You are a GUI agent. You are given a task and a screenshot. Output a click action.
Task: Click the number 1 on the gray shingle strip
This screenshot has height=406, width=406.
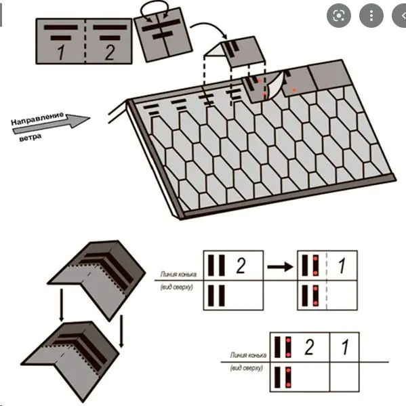pyautogui.click(x=61, y=52)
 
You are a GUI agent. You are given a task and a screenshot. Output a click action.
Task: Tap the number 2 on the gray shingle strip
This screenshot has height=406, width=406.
pyautogui.click(x=110, y=52)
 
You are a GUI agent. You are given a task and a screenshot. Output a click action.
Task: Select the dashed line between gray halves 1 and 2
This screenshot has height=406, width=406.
pyautogui.click(x=85, y=41)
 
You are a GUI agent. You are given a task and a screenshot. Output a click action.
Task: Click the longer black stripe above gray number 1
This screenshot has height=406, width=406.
pyautogui.click(x=61, y=27)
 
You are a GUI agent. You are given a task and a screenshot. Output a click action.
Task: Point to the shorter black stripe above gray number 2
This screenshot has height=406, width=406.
pyautogui.click(x=110, y=38)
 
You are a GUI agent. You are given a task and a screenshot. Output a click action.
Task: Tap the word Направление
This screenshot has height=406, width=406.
pyautogui.click(x=37, y=119)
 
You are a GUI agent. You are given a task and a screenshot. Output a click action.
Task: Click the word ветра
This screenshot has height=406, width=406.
pyautogui.click(x=31, y=137)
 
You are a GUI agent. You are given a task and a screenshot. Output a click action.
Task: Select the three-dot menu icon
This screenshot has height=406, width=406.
pyautogui.click(x=371, y=16)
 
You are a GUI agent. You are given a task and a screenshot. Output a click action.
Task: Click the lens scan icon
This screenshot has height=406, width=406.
pyautogui.click(x=339, y=16)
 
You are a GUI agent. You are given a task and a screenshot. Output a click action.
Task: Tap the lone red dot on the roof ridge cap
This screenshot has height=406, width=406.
pyautogui.click(x=294, y=90)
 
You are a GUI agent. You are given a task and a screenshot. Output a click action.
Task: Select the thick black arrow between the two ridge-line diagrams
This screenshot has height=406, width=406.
pyautogui.click(x=281, y=266)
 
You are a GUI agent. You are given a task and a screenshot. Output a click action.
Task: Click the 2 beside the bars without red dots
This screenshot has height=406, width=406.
pyautogui.click(x=241, y=266)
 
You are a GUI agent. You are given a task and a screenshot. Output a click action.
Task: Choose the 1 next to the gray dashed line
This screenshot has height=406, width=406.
pyautogui.click(x=342, y=266)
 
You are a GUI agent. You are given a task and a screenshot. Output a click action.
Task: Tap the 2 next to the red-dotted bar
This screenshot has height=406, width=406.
pyautogui.click(x=309, y=347)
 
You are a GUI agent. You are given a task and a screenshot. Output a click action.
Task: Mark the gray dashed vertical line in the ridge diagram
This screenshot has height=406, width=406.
pyautogui.click(x=327, y=280)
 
